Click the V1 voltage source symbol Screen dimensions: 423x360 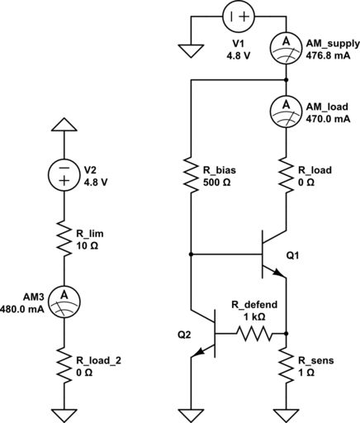click(x=237, y=17)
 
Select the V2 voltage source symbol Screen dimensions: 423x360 click(x=64, y=176)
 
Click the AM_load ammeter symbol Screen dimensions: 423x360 click(x=285, y=107)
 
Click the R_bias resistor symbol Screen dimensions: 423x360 click(x=191, y=176)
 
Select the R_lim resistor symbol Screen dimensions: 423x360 click(x=64, y=240)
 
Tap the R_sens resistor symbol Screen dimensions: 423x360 click(x=285, y=364)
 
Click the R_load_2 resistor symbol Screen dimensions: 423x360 click(x=64, y=364)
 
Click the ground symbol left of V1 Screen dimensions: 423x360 click(x=191, y=49)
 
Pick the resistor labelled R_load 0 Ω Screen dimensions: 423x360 click(x=285, y=176)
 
